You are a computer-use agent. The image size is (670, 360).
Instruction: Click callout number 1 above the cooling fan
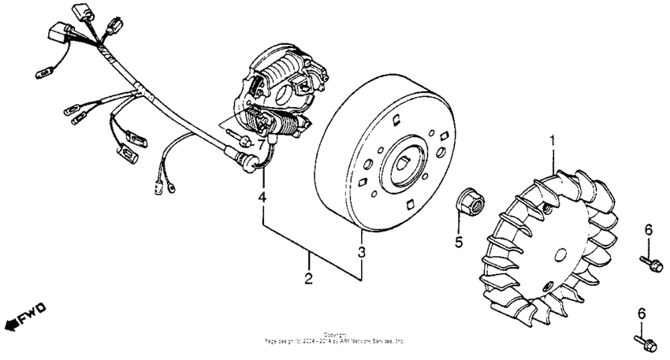pyautogui.click(x=553, y=142)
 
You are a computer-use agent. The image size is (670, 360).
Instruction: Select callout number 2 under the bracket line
pyautogui.click(x=309, y=277)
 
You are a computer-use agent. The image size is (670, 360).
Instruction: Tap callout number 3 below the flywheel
pyautogui.click(x=362, y=253)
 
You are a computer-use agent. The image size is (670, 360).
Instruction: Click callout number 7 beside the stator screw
pyautogui.click(x=259, y=146)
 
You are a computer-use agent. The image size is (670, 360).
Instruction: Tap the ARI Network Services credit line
pyautogui.click(x=336, y=342)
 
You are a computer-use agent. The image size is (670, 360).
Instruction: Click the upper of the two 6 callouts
pyautogui.click(x=649, y=229)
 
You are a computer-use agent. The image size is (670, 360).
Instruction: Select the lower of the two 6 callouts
pyautogui.click(x=641, y=315)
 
